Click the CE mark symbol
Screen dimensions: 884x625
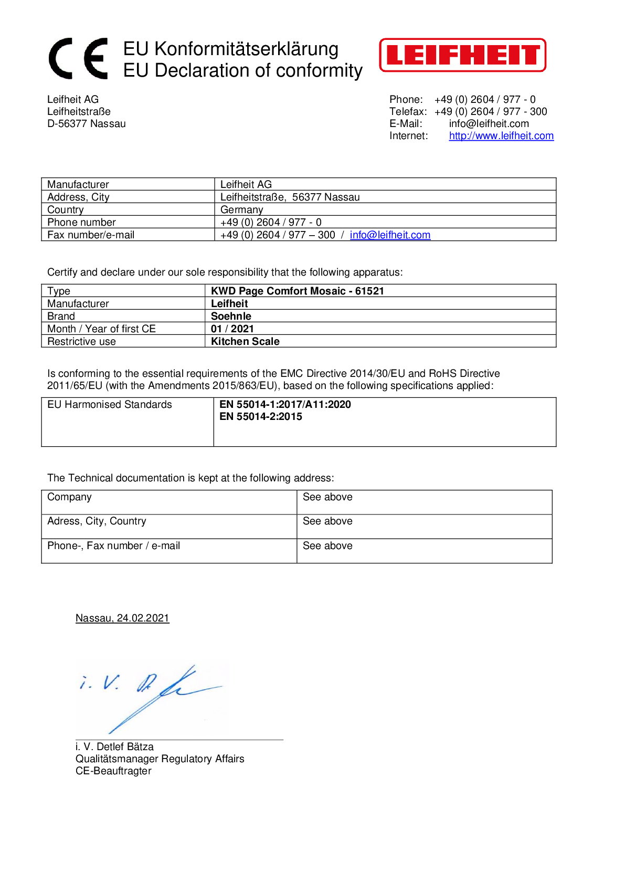pos(78,58)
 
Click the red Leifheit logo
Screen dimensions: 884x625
pos(462,55)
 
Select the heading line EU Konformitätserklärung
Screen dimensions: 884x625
pos(231,49)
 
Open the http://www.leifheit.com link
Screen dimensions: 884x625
pos(501,136)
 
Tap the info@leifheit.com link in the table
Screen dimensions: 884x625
pos(390,235)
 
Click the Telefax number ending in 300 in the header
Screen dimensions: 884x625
pos(491,112)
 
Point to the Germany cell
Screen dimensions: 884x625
pos(241,210)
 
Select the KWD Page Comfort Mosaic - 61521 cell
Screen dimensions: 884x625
pos(298,291)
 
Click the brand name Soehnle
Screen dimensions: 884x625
pos(231,317)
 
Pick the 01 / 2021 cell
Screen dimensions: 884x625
pos(232,329)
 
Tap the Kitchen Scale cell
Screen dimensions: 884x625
pos(245,342)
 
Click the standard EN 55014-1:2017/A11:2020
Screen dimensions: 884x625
pos(285,405)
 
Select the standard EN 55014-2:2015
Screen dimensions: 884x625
pos(261,417)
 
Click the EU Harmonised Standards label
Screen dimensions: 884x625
pos(110,405)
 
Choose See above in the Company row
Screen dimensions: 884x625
pos(327,497)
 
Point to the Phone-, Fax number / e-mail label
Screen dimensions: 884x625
pos(113,546)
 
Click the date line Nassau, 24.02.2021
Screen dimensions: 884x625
pos(122,618)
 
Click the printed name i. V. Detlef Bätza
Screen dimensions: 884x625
pos(114,747)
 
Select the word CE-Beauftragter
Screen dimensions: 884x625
pos(113,771)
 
